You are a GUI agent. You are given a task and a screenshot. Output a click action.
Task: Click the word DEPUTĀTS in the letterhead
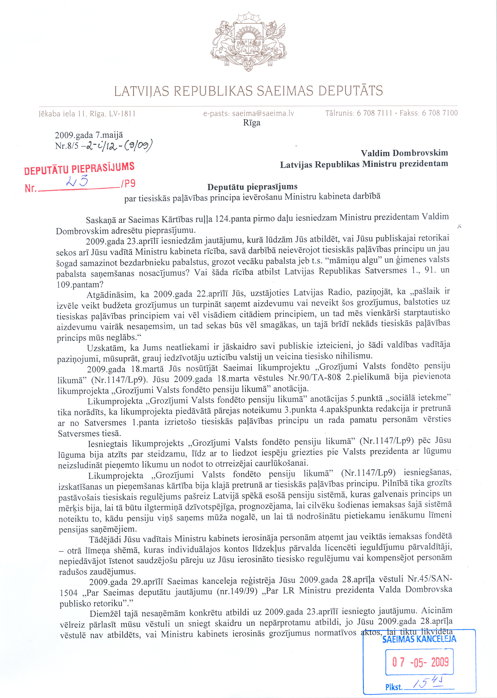coord(350,91)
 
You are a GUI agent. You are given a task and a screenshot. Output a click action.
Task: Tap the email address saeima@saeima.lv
coord(263,114)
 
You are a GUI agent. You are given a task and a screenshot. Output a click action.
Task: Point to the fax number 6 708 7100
coord(440,113)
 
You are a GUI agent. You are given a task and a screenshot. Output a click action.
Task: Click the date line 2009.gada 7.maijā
coord(89,135)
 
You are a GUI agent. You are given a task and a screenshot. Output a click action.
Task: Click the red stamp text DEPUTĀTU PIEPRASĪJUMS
coord(79,168)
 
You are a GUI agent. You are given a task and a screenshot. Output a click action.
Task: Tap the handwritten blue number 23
coord(77,181)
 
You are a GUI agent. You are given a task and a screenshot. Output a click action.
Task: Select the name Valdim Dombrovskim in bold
coord(404,153)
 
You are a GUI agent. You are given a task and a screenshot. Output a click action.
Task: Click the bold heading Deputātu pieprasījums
coord(252,187)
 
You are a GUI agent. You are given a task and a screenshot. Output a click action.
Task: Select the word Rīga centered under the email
coord(252,123)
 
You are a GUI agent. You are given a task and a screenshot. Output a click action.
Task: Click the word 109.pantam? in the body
coord(80,285)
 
